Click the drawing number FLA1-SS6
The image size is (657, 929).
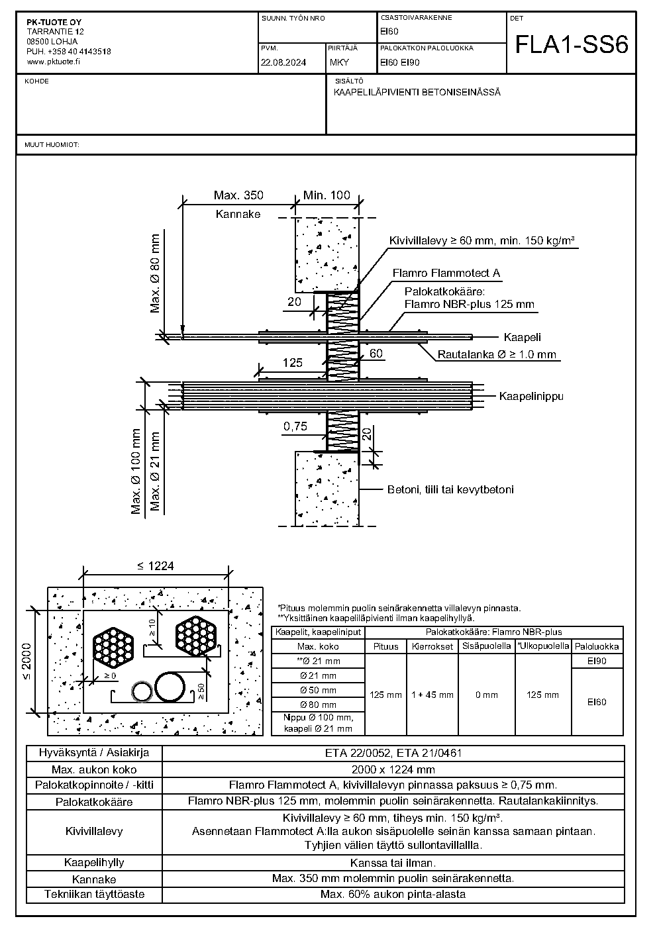point(572,45)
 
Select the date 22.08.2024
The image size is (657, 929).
point(283,63)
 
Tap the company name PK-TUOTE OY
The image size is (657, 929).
point(54,23)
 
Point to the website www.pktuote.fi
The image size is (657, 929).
point(54,62)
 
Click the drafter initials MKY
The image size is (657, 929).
point(339,63)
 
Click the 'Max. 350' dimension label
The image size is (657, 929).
point(238,195)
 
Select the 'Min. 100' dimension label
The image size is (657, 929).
point(327,195)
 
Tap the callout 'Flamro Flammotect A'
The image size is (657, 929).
point(446,273)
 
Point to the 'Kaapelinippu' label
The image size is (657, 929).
point(531,396)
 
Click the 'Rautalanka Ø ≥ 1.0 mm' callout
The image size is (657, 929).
point(497,355)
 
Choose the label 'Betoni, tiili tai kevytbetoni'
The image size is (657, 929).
point(450,489)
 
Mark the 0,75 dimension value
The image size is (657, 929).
point(295,426)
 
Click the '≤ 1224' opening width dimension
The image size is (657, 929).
point(156,565)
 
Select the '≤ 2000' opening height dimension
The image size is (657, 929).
point(26,661)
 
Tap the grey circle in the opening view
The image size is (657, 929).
point(142,692)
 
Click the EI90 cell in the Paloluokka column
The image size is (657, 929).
point(597,661)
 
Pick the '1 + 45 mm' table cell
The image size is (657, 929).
point(432,695)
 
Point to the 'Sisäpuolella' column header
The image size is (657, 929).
point(487,646)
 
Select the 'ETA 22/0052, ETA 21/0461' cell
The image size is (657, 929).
point(393,753)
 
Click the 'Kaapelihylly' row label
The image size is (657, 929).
point(94,862)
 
